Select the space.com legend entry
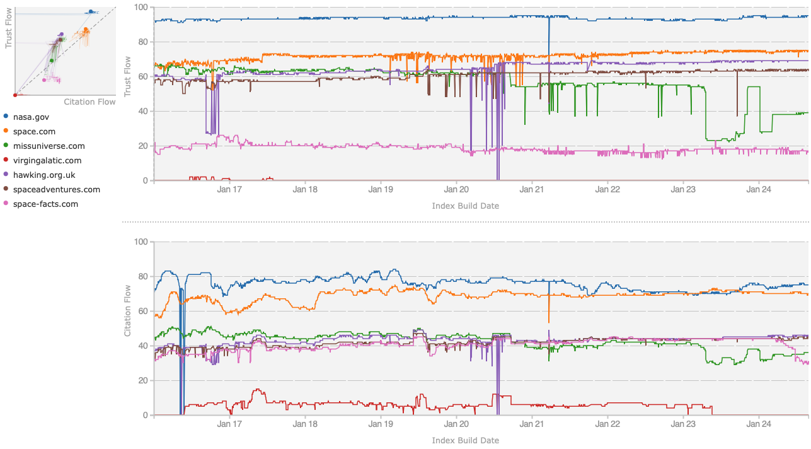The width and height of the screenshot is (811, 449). click(34, 132)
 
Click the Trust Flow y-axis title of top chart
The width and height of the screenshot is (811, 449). click(127, 77)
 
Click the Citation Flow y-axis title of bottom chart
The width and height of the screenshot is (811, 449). click(127, 310)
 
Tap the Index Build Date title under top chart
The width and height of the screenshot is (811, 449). click(465, 206)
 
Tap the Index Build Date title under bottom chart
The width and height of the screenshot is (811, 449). click(465, 440)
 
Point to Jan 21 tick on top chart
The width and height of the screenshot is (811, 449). click(532, 189)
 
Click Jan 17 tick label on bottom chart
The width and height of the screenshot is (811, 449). click(230, 423)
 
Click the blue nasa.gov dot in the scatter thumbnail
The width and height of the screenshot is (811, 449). click(91, 11)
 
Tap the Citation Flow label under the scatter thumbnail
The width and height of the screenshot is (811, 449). click(89, 102)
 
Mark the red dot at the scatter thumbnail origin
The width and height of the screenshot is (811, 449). click(14, 95)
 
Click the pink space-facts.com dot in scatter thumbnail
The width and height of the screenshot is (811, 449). click(44, 80)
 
